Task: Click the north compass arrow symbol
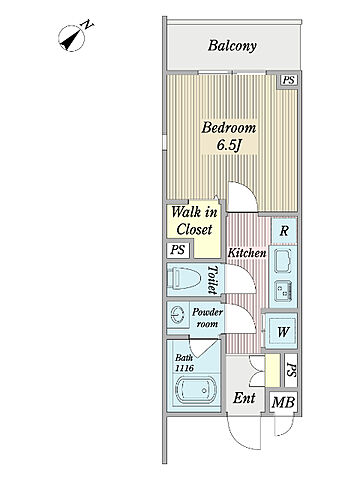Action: coord(72,38)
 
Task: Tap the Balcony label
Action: coord(232,46)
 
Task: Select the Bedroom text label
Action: coord(229,128)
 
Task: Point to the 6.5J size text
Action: coord(229,145)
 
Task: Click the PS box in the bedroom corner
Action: coord(288,80)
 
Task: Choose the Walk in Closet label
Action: coord(194,221)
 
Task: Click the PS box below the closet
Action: coord(178,250)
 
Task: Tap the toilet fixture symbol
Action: coord(184,278)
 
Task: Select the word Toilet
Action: coord(213,279)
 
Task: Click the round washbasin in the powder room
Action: coord(177,314)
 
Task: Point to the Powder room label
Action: coord(207,318)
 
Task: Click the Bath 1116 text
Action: coord(184,363)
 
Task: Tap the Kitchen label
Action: coord(247,253)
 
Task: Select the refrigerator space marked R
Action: coord(284,230)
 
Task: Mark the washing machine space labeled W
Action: coord(283,331)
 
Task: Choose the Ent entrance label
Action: coord(244,398)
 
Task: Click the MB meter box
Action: coord(283,402)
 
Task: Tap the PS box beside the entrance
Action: coord(291,370)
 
